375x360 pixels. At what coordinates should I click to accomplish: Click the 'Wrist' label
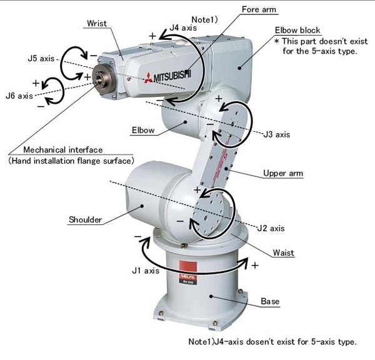[x=97, y=24]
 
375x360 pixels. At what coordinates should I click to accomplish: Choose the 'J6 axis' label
[x=19, y=96]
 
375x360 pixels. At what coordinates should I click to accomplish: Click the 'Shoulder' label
[x=85, y=219]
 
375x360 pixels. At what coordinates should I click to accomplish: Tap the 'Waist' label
[x=284, y=252]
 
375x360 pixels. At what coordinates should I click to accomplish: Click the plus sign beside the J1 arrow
[x=254, y=265]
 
